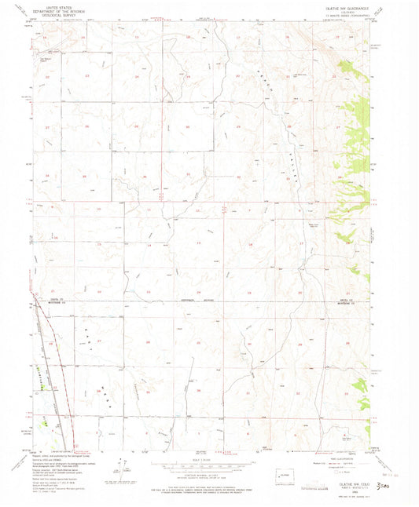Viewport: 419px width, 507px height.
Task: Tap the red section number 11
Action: coord(149,210)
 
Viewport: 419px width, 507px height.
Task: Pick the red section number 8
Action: coord(300,210)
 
